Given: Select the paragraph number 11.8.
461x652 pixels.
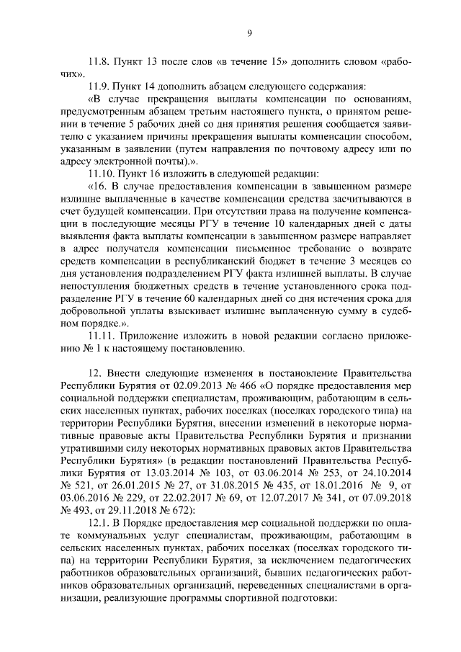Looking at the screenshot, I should (99, 61).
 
